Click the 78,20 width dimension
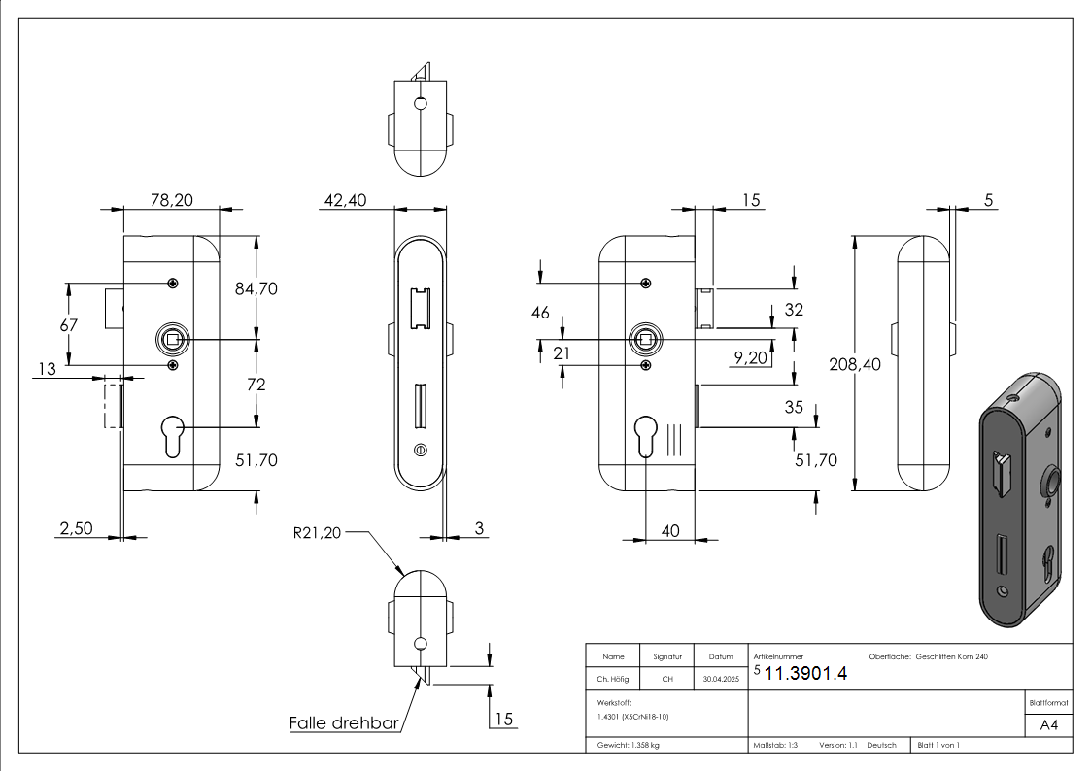pyautogui.click(x=171, y=200)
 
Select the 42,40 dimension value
pyautogui.click(x=345, y=200)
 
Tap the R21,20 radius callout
pyautogui.click(x=317, y=532)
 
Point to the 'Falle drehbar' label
pyautogui.click(x=345, y=723)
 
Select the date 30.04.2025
pyautogui.click(x=721, y=681)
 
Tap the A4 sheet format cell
pyautogui.click(x=1049, y=725)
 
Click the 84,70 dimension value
pyautogui.click(x=256, y=288)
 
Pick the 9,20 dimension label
pyautogui.click(x=750, y=358)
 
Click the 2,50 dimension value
pyautogui.click(x=76, y=528)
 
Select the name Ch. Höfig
pyautogui.click(x=613, y=681)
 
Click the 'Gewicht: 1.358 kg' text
pyautogui.click(x=628, y=745)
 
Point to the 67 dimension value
pyautogui.click(x=68, y=325)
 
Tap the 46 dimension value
pyautogui.click(x=540, y=312)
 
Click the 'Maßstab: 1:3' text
pyautogui.click(x=776, y=745)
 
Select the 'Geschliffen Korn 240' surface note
pyautogui.click(x=951, y=657)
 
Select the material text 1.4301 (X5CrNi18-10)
pyautogui.click(x=633, y=716)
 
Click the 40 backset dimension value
pyautogui.click(x=670, y=530)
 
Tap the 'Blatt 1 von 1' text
pyautogui.click(x=938, y=745)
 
